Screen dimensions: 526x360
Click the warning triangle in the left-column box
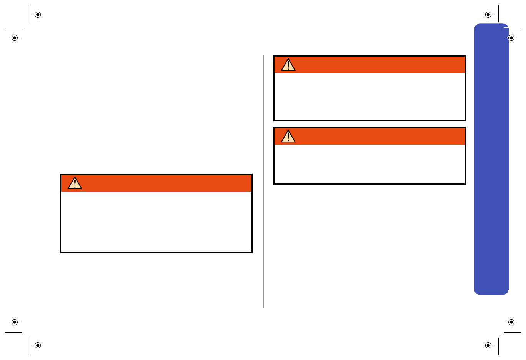pyautogui.click(x=75, y=183)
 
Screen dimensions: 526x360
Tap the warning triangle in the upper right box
pyautogui.click(x=288, y=65)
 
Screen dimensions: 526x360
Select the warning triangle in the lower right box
pyautogui.click(x=288, y=137)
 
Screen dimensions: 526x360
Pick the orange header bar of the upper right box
pyautogui.click(x=377, y=65)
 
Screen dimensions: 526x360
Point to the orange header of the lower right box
pyautogui.click(x=377, y=136)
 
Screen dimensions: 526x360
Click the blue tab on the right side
pyautogui.click(x=491, y=162)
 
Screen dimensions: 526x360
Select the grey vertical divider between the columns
pyautogui.click(x=263, y=181)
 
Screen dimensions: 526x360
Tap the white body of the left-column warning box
pyautogui.click(x=156, y=221)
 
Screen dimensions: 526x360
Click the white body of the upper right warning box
pyautogui.click(x=370, y=96)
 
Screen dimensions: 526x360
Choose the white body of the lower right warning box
pyautogui.click(x=370, y=164)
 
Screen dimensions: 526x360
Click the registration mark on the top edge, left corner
pyautogui.click(x=38, y=15)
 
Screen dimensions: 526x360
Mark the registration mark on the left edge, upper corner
pyautogui.click(x=15, y=38)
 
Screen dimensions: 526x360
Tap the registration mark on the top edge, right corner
pyautogui.click(x=488, y=15)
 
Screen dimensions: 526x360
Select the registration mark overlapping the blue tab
pyautogui.click(x=511, y=38)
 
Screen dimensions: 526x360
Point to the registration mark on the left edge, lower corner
pyautogui.click(x=15, y=322)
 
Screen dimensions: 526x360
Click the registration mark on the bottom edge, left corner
pyautogui.click(x=38, y=345)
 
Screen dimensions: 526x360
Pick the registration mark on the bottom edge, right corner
pyautogui.click(x=488, y=345)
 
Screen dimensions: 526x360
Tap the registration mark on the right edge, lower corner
pyautogui.click(x=511, y=322)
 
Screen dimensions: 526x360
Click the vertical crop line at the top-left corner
pyautogui.click(x=28, y=14)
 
